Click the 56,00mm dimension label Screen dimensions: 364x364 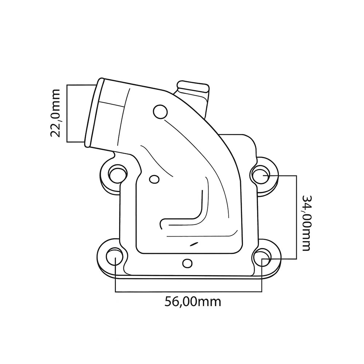point(193,301)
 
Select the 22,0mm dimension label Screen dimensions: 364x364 point(56,112)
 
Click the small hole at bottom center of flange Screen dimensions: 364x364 point(187,262)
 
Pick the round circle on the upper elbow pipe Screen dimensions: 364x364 point(160,112)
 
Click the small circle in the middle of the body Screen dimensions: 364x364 point(154,179)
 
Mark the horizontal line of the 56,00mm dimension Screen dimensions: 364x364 point(188,292)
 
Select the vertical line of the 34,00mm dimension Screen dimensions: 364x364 point(296,217)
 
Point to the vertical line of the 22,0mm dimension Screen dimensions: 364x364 point(68,113)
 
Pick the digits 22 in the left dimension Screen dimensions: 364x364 point(56,129)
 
